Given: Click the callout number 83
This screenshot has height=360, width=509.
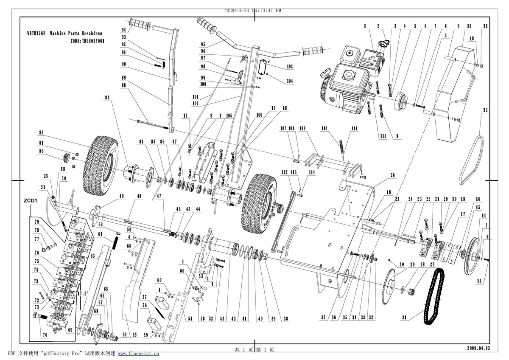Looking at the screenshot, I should [107, 98].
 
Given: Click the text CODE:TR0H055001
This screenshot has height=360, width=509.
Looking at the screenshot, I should [87, 41].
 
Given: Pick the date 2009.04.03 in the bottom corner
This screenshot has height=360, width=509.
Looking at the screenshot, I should [478, 348].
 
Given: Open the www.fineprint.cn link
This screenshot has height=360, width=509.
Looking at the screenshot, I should [138, 353].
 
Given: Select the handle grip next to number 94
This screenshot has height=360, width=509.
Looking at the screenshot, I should [140, 25].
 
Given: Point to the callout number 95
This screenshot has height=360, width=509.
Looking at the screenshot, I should [203, 44].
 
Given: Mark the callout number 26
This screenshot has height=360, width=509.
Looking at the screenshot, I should [392, 175].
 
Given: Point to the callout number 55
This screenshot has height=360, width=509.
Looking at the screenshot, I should [134, 335].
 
